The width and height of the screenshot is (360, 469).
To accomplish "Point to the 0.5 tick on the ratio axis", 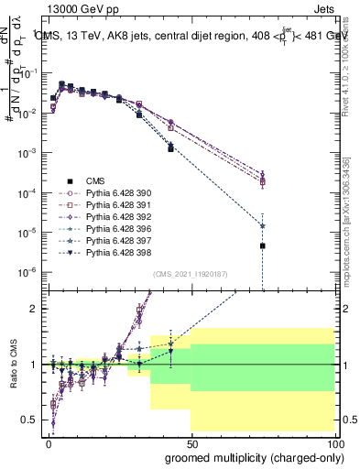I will click(x=30, y=420).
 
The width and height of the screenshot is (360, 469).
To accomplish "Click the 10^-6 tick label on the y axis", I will click(x=27, y=272).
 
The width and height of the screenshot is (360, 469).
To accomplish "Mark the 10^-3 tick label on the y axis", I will click(x=27, y=153).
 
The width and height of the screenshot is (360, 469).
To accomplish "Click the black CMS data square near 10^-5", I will click(x=262, y=245).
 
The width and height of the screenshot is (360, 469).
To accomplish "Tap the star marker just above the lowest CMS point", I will click(x=262, y=225).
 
